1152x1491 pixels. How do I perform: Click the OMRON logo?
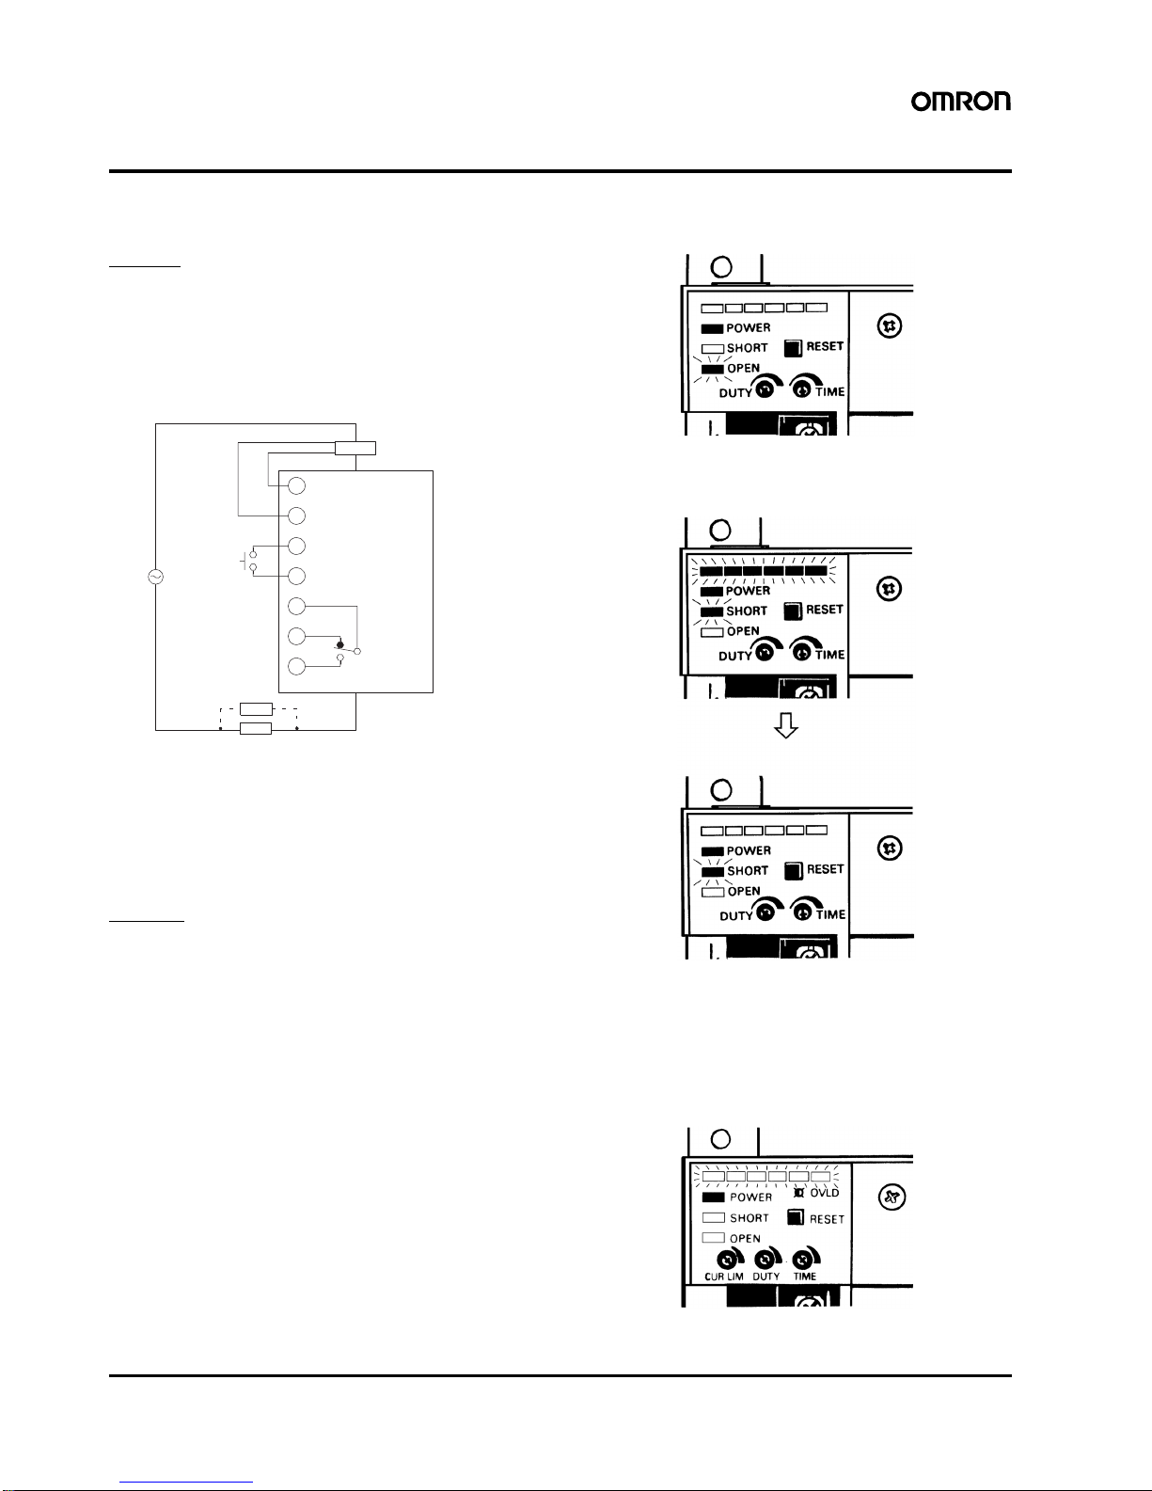tap(960, 102)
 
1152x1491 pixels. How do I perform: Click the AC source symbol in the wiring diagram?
tap(155, 577)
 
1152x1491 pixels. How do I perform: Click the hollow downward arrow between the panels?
tap(786, 724)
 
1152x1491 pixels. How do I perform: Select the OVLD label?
tap(824, 1193)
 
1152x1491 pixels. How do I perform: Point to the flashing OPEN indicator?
tap(712, 369)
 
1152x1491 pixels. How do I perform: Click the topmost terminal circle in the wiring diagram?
tap(296, 486)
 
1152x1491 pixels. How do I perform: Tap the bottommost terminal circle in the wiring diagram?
tap(296, 667)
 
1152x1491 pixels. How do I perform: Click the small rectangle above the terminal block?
tap(355, 448)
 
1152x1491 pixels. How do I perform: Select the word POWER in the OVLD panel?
tap(750, 1198)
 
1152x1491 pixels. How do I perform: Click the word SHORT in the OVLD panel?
tap(750, 1218)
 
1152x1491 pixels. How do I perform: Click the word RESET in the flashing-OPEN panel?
tap(825, 346)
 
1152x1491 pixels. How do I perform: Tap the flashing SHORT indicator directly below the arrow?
tap(712, 871)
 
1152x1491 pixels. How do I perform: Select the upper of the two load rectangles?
tap(256, 709)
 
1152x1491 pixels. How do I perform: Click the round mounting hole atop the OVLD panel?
tap(721, 1139)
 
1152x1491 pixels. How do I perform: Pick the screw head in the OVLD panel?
tap(892, 1198)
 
